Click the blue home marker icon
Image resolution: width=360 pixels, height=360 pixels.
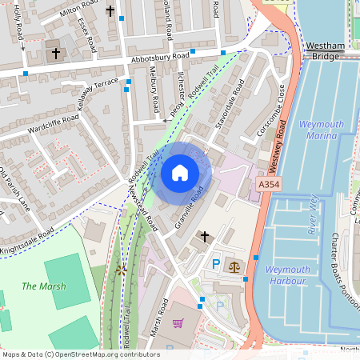coord(180,172)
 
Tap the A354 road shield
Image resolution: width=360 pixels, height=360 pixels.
coord(270,184)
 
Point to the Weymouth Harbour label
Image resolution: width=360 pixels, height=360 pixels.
coord(286,274)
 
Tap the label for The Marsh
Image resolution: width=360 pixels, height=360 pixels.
coord(44,286)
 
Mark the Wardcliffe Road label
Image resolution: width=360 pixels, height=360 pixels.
coord(53,122)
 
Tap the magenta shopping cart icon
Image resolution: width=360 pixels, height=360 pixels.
coord(178,322)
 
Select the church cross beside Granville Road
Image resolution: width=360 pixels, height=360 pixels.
coord(204,236)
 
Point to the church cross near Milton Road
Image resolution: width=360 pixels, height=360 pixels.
coord(110,12)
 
